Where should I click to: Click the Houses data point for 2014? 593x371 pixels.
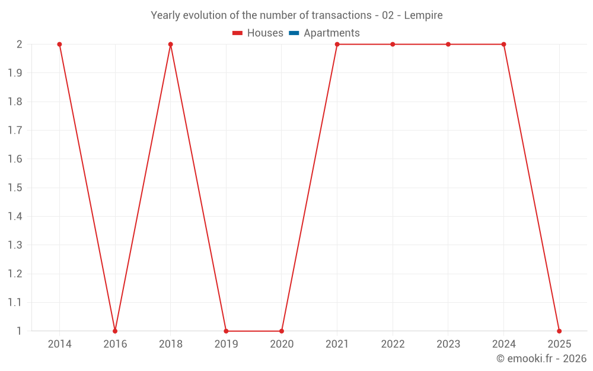click(59, 45)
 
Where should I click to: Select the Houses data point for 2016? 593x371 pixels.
click(115, 331)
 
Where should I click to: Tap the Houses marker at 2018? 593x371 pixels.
click(170, 45)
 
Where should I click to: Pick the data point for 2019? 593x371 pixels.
click(226, 331)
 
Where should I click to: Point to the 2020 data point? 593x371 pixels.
click(282, 331)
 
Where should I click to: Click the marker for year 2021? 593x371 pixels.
click(337, 45)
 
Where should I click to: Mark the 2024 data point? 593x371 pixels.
click(503, 45)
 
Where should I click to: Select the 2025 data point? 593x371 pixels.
click(559, 331)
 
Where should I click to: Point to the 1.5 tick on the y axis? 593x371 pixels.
click(15, 188)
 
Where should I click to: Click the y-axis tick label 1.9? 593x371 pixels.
click(15, 73)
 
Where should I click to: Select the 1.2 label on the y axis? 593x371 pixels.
click(15, 274)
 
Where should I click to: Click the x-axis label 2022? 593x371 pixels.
click(393, 344)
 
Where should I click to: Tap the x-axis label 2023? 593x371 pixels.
click(448, 344)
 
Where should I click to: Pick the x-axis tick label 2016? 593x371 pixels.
click(115, 344)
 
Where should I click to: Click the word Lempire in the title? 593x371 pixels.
click(423, 15)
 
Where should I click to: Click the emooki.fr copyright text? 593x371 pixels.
click(541, 359)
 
